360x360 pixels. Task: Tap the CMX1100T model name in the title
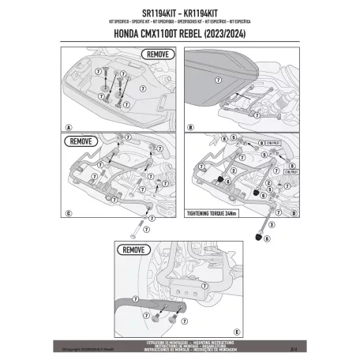(x=168, y=34)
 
